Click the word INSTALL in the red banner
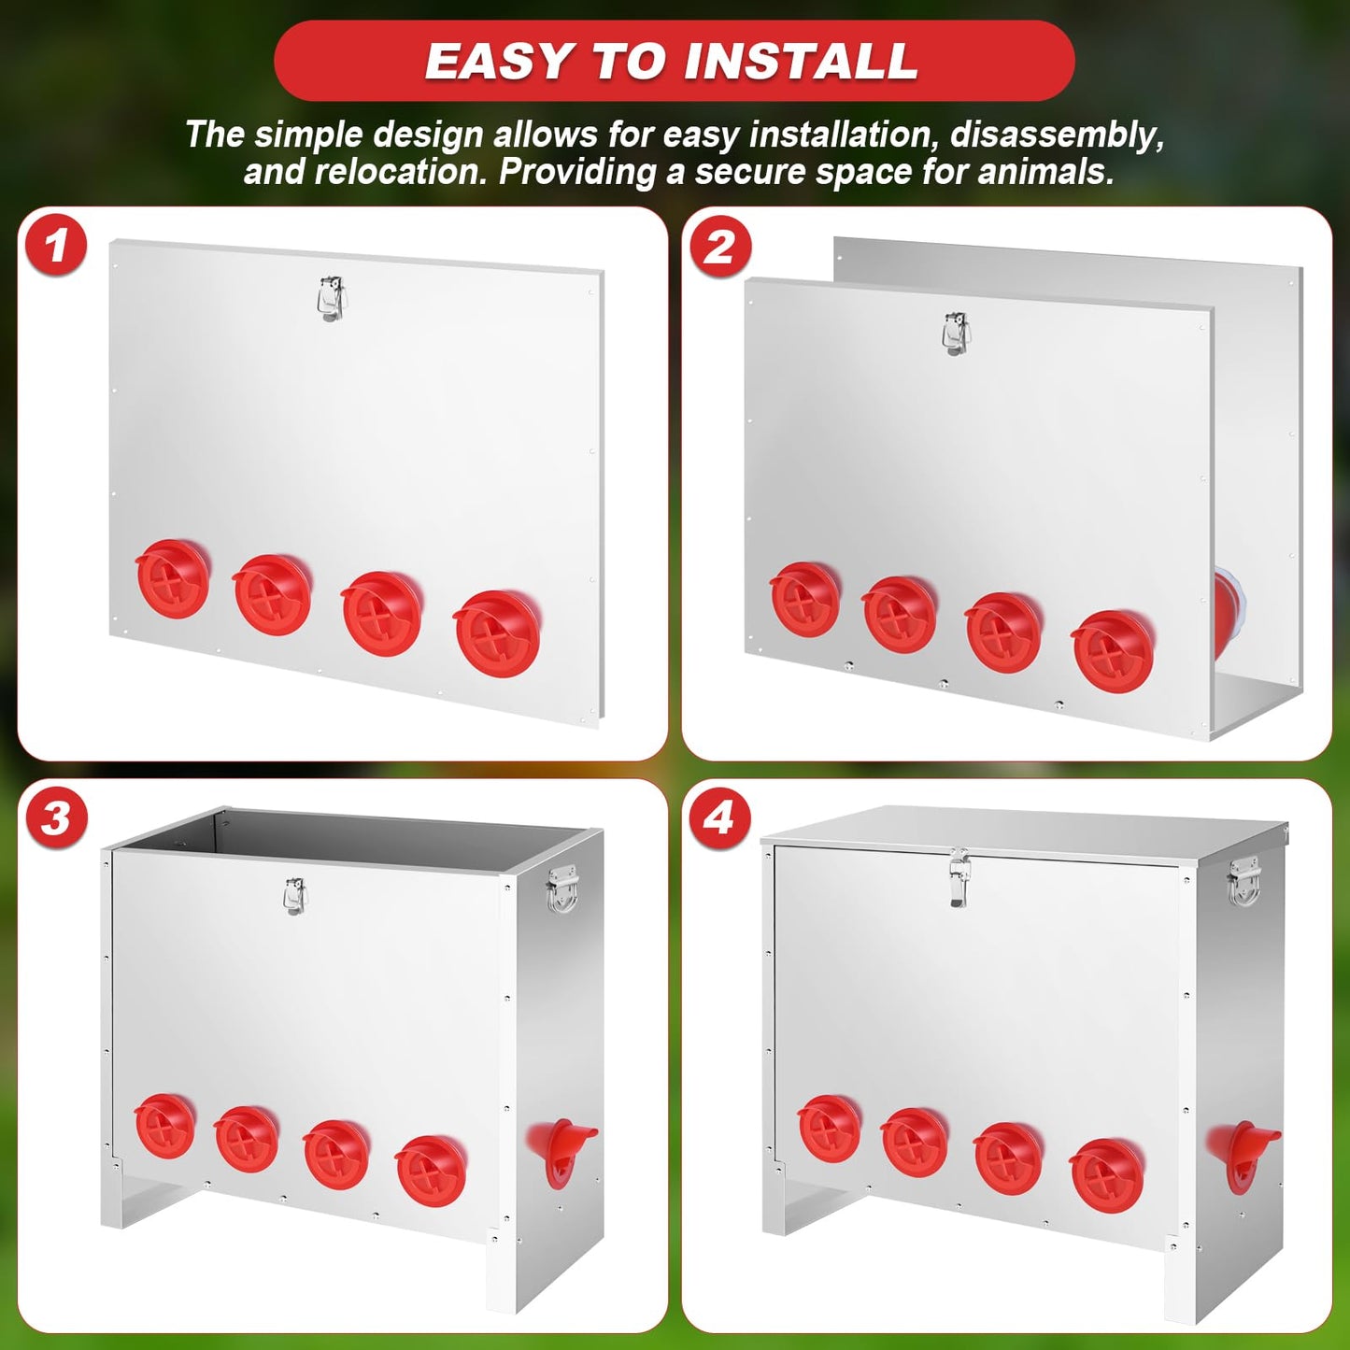coord(801,61)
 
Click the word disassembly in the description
coord(1057,135)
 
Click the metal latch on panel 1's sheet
coord(332,299)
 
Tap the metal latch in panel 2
coord(956,334)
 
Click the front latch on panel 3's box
coord(295,897)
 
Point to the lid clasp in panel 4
coord(959,875)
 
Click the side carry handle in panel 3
coord(561,889)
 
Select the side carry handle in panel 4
coord(1243,881)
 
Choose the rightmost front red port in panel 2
coord(1113,651)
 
